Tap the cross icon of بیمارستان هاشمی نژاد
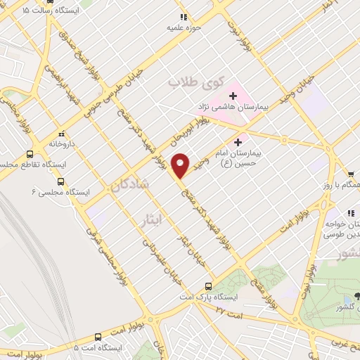click(233, 95)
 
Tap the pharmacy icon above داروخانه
click(61, 132)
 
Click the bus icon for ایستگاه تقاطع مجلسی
click(30, 153)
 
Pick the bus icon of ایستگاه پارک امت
click(207, 286)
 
